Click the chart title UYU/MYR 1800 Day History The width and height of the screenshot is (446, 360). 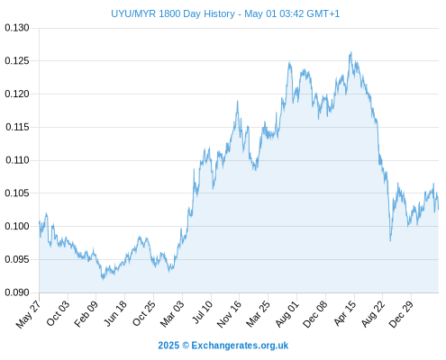point(173,13)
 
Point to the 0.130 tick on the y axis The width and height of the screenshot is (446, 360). point(17,28)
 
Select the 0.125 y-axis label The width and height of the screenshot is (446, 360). point(17,61)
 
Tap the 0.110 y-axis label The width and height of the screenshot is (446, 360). point(17,160)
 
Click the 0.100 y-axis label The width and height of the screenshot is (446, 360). point(17,226)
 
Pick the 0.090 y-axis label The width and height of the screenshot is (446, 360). point(17,292)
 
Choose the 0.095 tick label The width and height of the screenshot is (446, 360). point(17,259)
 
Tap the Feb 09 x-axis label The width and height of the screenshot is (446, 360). point(86,314)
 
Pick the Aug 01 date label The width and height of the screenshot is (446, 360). point(287,314)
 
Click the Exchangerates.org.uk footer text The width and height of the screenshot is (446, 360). point(240,346)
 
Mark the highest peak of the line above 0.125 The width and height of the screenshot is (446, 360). point(350,52)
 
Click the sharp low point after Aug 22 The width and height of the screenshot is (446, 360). point(390,240)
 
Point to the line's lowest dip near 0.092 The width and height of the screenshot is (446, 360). point(103,279)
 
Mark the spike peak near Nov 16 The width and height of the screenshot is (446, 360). point(237,101)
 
